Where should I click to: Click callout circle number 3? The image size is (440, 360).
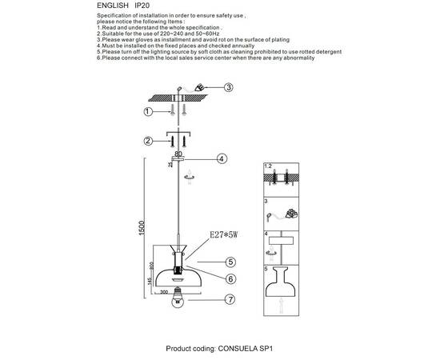tap(229, 87)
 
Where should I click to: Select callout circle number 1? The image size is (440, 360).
tap(148, 112)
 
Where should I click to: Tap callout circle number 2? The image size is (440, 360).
tap(148, 141)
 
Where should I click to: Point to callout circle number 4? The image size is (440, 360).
tap(222, 159)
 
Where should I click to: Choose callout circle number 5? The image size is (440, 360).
tap(230, 262)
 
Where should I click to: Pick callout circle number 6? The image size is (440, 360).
tap(230, 279)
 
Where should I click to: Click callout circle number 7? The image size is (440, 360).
tap(230, 299)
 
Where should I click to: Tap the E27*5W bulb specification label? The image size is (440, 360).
tap(224, 234)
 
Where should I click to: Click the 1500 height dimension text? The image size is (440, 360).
tap(142, 228)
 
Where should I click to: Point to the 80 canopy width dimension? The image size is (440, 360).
tap(178, 154)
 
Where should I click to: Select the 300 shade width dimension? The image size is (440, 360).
tap(164, 292)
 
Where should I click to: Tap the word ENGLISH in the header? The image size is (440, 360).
tap(113, 6)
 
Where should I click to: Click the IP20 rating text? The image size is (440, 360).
tap(142, 6)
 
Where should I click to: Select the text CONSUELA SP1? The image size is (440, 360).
tap(246, 349)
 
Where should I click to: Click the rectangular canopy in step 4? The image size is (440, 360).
tap(281, 241)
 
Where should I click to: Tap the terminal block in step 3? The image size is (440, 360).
tap(292, 214)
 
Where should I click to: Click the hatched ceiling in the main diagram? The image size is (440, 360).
tap(178, 98)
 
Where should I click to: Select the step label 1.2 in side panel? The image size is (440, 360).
tap(268, 166)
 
